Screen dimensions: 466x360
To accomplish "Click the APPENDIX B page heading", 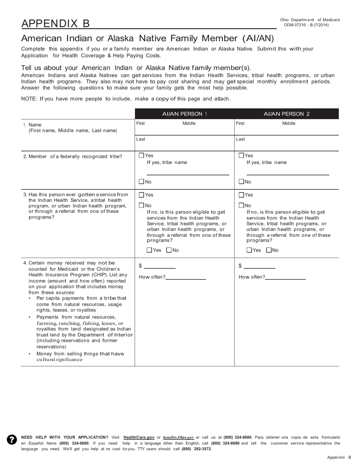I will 56,23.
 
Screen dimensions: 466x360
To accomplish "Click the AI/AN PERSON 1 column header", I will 185,114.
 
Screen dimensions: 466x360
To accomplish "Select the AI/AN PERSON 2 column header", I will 286,114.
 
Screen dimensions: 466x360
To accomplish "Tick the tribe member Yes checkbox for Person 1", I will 141,155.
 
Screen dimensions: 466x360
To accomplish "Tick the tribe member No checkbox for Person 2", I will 241,181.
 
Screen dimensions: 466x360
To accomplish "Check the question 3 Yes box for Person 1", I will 141,195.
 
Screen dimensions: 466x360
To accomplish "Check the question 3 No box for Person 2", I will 241,205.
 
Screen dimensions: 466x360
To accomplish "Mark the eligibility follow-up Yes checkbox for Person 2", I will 249,250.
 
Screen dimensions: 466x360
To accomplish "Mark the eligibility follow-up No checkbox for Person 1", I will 169,250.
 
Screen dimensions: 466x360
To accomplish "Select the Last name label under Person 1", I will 141,139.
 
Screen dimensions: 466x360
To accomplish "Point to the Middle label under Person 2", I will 289,124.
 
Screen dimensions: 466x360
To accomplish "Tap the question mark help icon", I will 12,439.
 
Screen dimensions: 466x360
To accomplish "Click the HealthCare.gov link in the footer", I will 139,437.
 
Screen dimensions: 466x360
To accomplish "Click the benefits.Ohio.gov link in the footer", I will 178,437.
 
